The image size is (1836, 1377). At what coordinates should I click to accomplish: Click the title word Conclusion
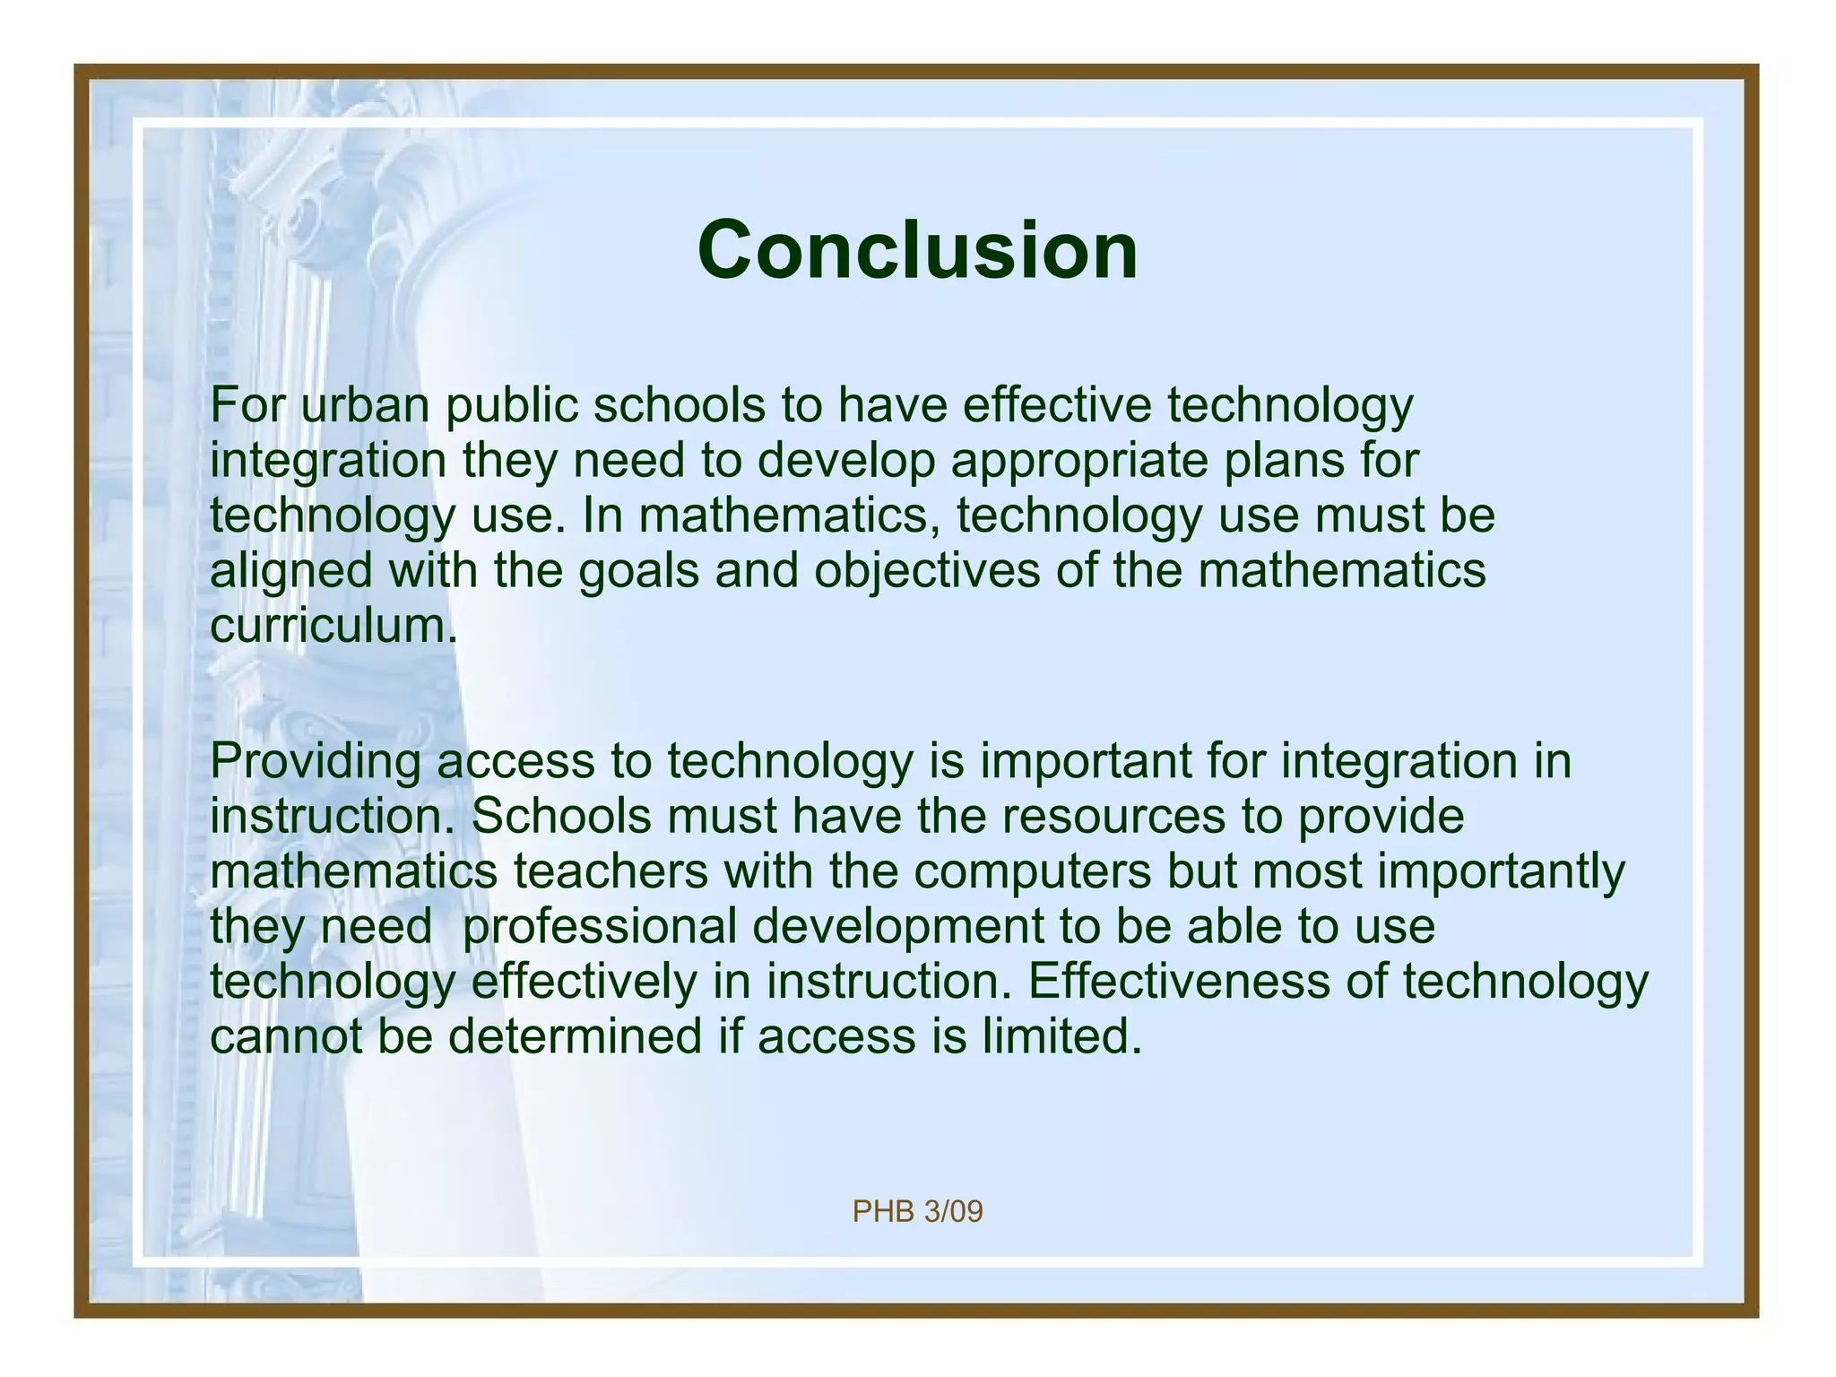(917, 250)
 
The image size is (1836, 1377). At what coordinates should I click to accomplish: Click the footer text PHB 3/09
(917, 1212)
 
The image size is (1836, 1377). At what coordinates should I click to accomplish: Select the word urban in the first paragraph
(365, 405)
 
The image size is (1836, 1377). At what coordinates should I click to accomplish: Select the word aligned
(290, 572)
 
